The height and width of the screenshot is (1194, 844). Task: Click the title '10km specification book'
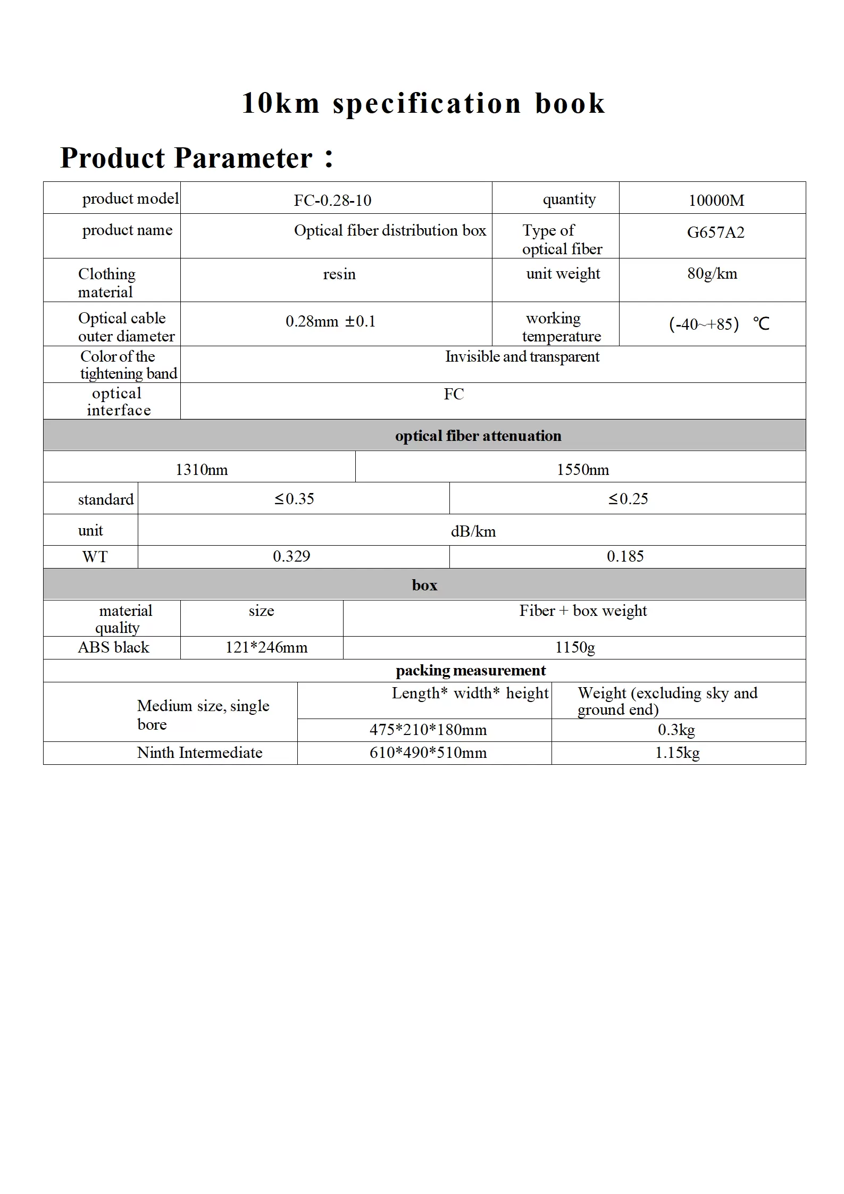click(423, 103)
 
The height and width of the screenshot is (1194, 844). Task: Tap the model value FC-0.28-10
click(332, 201)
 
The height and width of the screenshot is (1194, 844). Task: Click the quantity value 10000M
click(716, 201)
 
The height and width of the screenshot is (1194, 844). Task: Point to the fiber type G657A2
click(715, 232)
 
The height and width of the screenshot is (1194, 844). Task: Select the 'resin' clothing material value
click(339, 274)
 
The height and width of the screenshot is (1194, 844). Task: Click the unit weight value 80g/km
click(712, 274)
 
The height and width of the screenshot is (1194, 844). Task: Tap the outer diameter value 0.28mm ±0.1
click(330, 321)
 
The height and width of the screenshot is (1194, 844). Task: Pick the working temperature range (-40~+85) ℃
click(718, 324)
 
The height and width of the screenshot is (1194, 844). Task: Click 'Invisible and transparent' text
click(522, 357)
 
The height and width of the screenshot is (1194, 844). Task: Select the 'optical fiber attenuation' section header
click(478, 436)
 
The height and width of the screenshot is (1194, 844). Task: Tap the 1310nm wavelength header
click(202, 470)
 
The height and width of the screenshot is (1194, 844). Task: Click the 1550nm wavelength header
click(582, 470)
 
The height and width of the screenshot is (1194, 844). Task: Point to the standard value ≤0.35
click(294, 499)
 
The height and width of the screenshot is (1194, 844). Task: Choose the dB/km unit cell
click(473, 531)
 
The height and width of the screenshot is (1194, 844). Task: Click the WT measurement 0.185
click(625, 556)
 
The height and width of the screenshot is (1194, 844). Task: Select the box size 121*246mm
click(266, 647)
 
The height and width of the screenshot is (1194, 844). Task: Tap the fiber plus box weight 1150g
click(575, 647)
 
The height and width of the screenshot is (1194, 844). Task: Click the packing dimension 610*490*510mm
click(428, 753)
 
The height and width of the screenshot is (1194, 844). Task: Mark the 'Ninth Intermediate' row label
click(199, 753)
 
